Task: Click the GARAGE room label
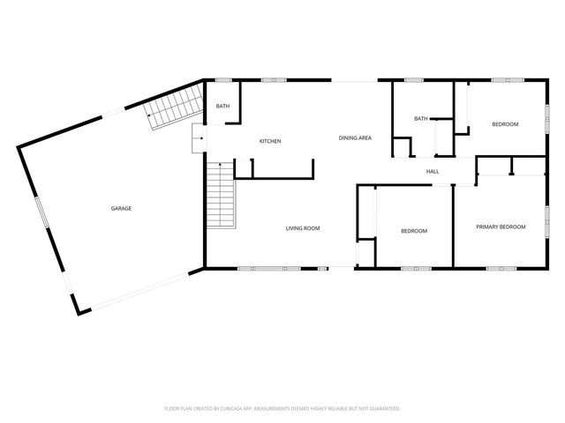pyautogui.click(x=121, y=208)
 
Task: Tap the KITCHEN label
pyautogui.click(x=270, y=141)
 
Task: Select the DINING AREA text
pyautogui.click(x=355, y=137)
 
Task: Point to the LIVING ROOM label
pyautogui.click(x=303, y=228)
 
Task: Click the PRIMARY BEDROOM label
pyautogui.click(x=501, y=226)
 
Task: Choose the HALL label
pyautogui.click(x=433, y=172)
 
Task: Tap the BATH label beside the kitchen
pyautogui.click(x=222, y=106)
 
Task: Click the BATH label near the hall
pyautogui.click(x=421, y=118)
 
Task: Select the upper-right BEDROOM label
pyautogui.click(x=505, y=124)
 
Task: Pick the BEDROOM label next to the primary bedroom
pyautogui.click(x=414, y=231)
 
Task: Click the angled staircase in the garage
pyautogui.click(x=175, y=107)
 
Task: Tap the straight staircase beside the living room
pyautogui.click(x=221, y=195)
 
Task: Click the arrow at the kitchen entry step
pyautogui.click(x=200, y=137)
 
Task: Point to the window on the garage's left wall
pyautogui.click(x=41, y=212)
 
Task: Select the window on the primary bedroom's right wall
pyautogui.click(x=547, y=221)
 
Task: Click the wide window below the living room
pyautogui.click(x=269, y=268)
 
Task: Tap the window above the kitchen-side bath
pyautogui.click(x=223, y=80)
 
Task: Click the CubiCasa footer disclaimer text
pyautogui.click(x=282, y=409)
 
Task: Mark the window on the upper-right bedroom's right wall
pyautogui.click(x=547, y=118)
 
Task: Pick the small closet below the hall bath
pyautogui.click(x=403, y=147)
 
